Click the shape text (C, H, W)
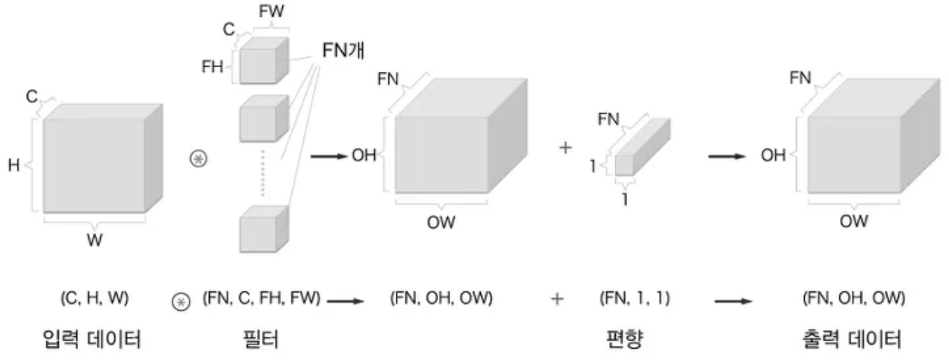pyautogui.click(x=94, y=300)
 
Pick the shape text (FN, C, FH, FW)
pyautogui.click(x=261, y=300)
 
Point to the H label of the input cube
pyautogui.click(x=13, y=167)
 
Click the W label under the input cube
pyautogui.click(x=94, y=240)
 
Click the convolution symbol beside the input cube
pyautogui.click(x=199, y=161)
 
